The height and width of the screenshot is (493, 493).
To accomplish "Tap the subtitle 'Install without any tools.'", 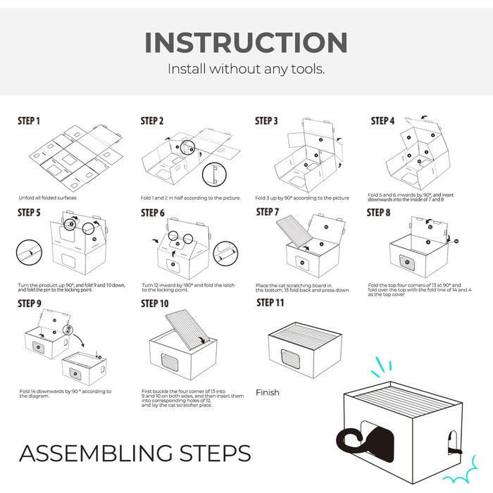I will pos(246,70).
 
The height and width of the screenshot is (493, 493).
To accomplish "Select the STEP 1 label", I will pos(29,121).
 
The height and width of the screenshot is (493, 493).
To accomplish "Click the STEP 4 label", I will pos(382,121).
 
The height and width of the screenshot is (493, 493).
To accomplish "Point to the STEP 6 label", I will pos(153,213).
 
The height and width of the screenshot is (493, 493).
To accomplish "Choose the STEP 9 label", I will pos(30,304).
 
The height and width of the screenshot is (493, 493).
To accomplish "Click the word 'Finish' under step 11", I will pos(268,392).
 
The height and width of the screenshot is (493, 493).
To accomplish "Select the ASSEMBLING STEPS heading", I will pos(135,453).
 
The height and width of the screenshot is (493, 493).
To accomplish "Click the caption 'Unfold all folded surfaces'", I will pos(48,198).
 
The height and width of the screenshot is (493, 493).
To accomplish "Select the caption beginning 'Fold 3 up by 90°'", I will pos(302,198).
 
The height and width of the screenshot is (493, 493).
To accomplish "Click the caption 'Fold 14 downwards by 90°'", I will pos(65,393).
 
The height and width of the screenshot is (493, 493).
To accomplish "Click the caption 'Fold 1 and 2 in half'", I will pos(190,198).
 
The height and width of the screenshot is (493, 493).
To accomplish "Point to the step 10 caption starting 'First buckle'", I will pos(192,397).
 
